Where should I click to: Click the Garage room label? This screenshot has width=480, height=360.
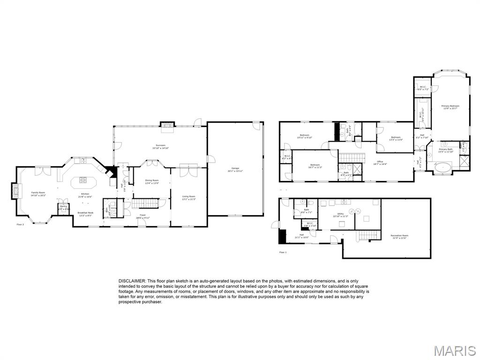tap(235, 169)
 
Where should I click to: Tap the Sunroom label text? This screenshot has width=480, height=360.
tap(160, 146)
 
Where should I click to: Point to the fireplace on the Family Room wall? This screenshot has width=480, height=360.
tap(15, 190)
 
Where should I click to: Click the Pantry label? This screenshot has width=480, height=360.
tap(63, 207)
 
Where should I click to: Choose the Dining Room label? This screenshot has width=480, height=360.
tap(152, 181)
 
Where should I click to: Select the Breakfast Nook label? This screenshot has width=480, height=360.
tap(85, 214)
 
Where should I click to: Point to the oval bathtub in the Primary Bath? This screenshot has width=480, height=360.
tap(442, 167)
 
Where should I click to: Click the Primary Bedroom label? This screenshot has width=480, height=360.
tap(450, 107)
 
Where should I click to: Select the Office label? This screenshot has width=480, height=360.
tap(380, 163)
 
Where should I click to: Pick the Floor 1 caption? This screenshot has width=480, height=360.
tap(283, 253)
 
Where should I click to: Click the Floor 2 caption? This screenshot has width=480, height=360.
tap(20, 225)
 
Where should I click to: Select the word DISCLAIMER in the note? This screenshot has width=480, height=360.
tap(132, 280)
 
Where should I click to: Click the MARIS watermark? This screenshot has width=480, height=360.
tap(454, 350)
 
